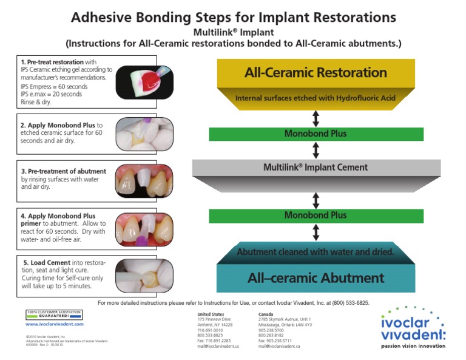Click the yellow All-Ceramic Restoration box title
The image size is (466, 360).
316,73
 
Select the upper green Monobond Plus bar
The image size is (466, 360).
316,134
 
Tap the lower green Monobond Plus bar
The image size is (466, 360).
316,215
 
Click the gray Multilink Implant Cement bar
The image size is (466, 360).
316,167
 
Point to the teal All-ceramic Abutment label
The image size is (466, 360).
316,278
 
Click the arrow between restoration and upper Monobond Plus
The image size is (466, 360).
316,118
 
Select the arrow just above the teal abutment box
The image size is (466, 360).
316,232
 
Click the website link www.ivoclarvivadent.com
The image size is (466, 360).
55,324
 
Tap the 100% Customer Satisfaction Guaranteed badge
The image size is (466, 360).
54,314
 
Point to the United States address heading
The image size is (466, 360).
211,313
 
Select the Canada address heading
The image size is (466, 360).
266,313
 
